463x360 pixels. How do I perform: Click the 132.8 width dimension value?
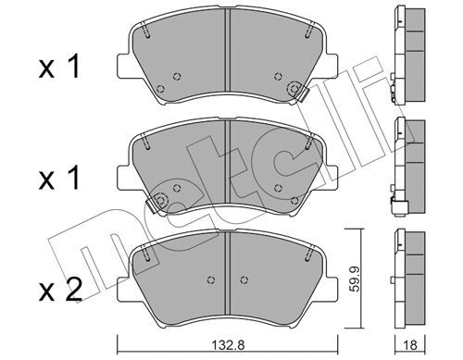tap(229, 345)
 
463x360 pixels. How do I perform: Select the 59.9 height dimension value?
tap(356, 279)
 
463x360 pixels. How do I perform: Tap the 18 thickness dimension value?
tap(410, 345)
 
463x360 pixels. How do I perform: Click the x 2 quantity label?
tap(60, 290)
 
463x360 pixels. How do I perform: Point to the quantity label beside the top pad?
tap(59, 66)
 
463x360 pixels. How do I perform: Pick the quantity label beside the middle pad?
tap(59, 178)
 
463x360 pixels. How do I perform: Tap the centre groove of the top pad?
tap(227, 50)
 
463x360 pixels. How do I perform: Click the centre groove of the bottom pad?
tap(227, 273)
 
